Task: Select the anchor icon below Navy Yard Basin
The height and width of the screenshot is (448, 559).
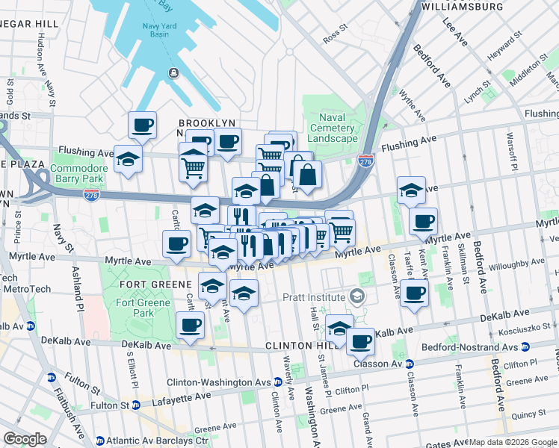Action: [173, 72]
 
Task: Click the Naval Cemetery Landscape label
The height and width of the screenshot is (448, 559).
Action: [333, 128]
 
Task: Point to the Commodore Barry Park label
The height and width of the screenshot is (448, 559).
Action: [79, 173]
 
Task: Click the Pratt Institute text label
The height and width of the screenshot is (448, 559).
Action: [314, 297]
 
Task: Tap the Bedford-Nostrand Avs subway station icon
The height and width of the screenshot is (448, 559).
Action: [525, 347]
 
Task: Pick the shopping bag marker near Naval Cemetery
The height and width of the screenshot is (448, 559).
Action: [307, 176]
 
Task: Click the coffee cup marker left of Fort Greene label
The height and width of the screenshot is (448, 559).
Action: [176, 244]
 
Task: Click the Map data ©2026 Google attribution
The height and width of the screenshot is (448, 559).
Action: [512, 442]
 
